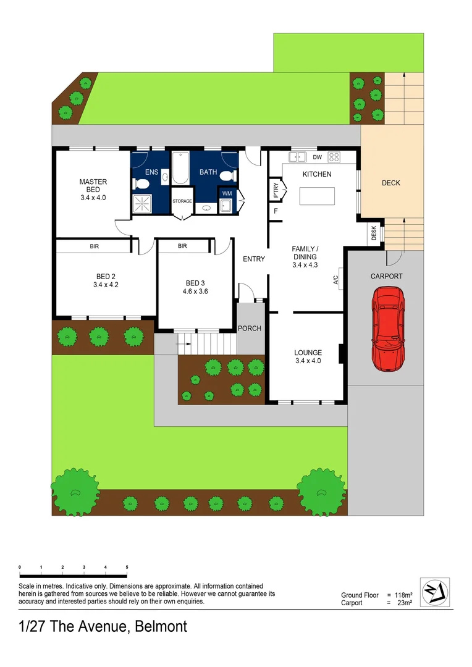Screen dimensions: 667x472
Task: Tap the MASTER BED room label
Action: point(93,182)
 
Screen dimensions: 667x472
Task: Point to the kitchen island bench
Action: point(317,196)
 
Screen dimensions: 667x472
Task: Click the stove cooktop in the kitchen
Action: point(334,156)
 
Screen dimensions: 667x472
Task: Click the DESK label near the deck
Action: point(374,233)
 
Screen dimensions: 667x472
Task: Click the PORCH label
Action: point(250,328)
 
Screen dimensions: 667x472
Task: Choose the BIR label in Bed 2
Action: point(95,246)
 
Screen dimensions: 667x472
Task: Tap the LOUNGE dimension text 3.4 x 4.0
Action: point(308,361)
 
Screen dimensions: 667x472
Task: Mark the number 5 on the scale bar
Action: point(127,566)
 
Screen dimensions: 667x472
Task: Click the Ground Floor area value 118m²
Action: point(403,595)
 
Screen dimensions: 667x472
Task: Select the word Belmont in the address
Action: point(158,626)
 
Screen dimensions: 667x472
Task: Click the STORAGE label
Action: point(182,201)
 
